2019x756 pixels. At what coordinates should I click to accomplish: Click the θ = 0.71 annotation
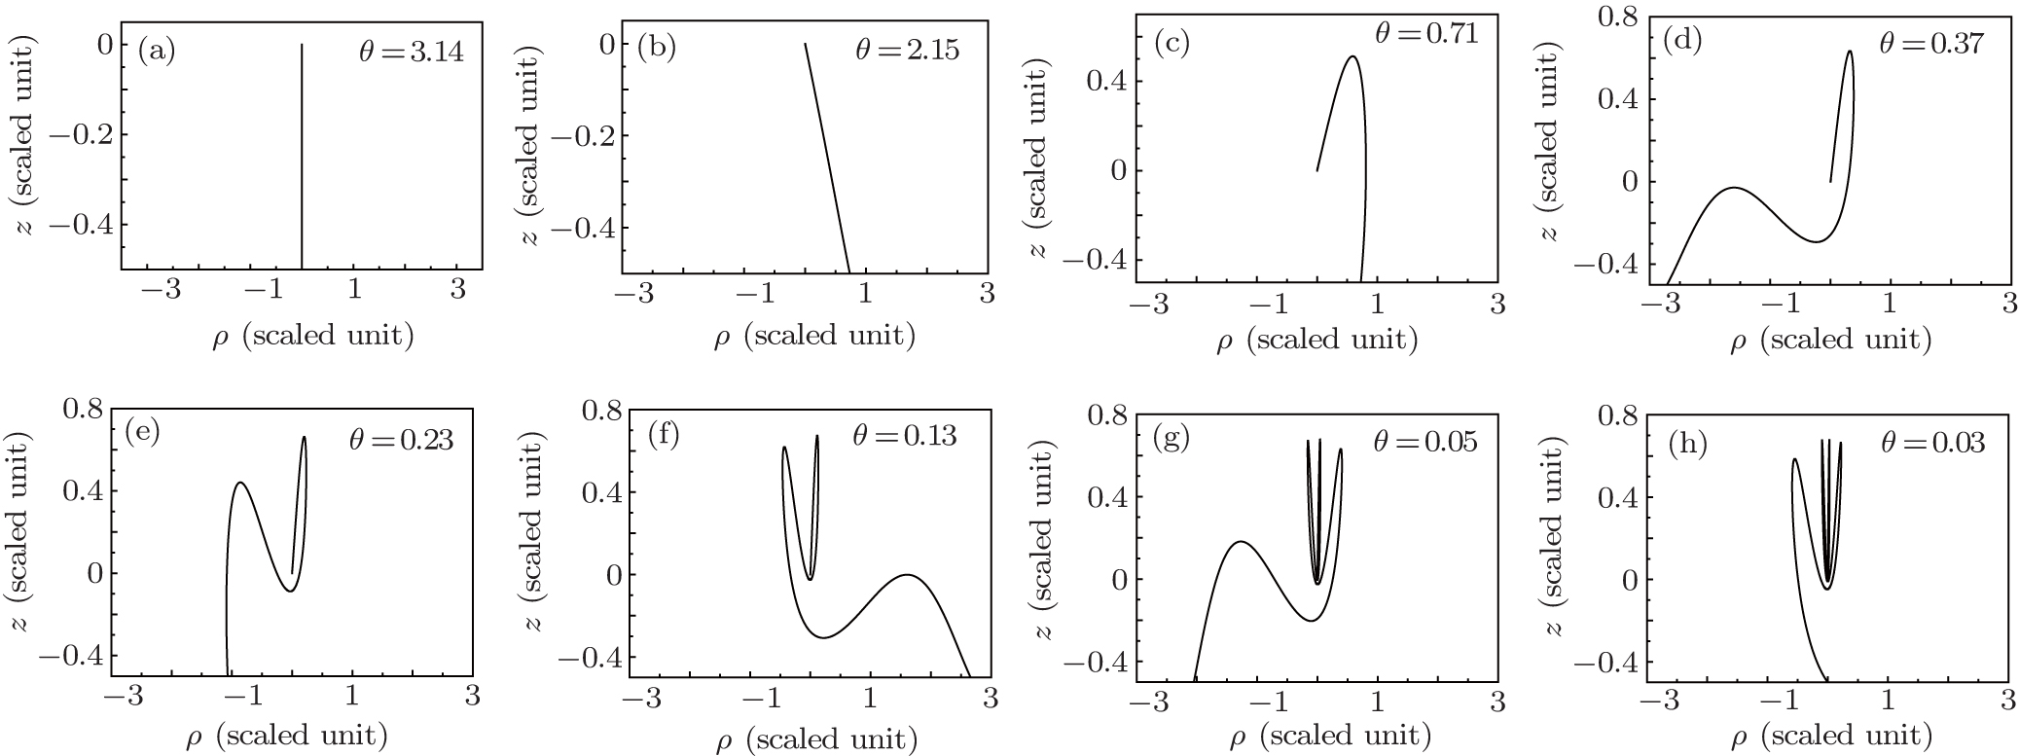point(1425,33)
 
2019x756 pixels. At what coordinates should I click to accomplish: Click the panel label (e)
point(142,431)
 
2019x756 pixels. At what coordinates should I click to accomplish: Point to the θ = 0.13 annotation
point(904,435)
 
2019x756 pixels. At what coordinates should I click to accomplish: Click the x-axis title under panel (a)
point(312,337)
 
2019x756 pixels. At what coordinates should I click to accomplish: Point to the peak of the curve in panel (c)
point(1352,56)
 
